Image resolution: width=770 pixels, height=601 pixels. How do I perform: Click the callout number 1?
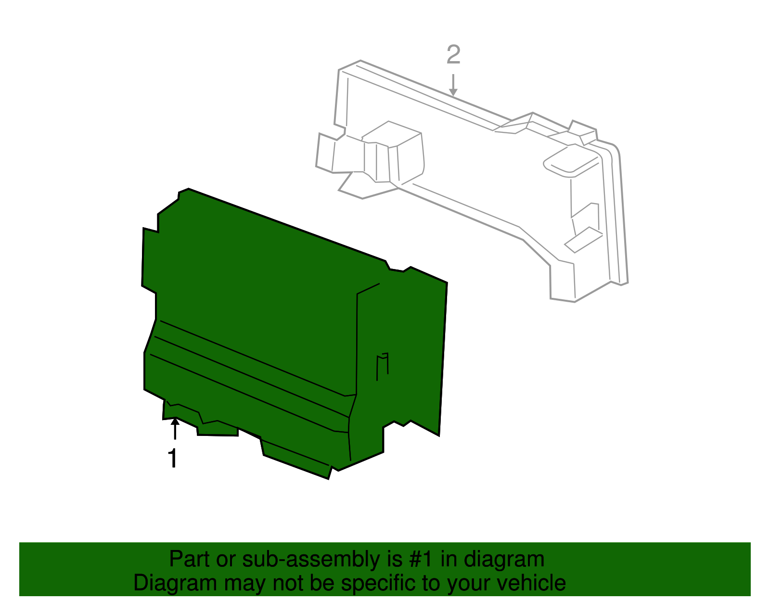(x=172, y=459)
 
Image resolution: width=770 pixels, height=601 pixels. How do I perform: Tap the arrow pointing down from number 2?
(x=453, y=85)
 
